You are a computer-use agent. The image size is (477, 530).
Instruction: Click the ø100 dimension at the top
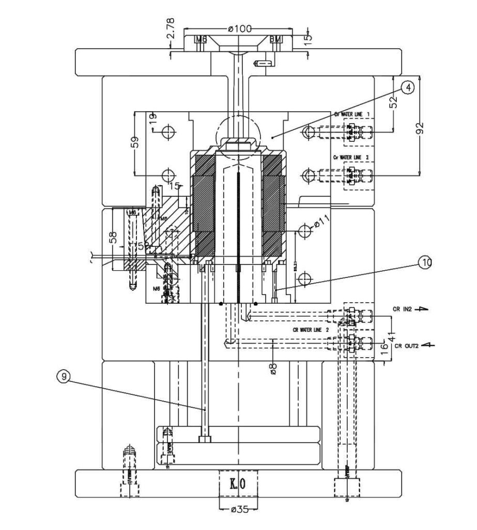point(239,28)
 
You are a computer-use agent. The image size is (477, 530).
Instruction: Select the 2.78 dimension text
point(171,29)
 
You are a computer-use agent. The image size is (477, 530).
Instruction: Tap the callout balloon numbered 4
point(408,88)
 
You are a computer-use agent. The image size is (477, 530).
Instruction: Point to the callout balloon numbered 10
point(425,263)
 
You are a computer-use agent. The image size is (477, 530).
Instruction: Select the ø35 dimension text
point(239,509)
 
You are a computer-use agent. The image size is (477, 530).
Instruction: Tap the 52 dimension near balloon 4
point(394,102)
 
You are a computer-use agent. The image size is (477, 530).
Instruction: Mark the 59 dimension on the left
point(134,142)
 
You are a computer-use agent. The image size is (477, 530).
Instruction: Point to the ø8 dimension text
point(273,367)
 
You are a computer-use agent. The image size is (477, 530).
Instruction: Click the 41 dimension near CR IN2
point(391,325)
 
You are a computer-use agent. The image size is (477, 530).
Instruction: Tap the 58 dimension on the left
point(113,237)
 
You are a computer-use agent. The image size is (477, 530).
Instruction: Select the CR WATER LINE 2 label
point(311,329)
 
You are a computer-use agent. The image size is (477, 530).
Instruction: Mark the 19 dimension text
point(153,118)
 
